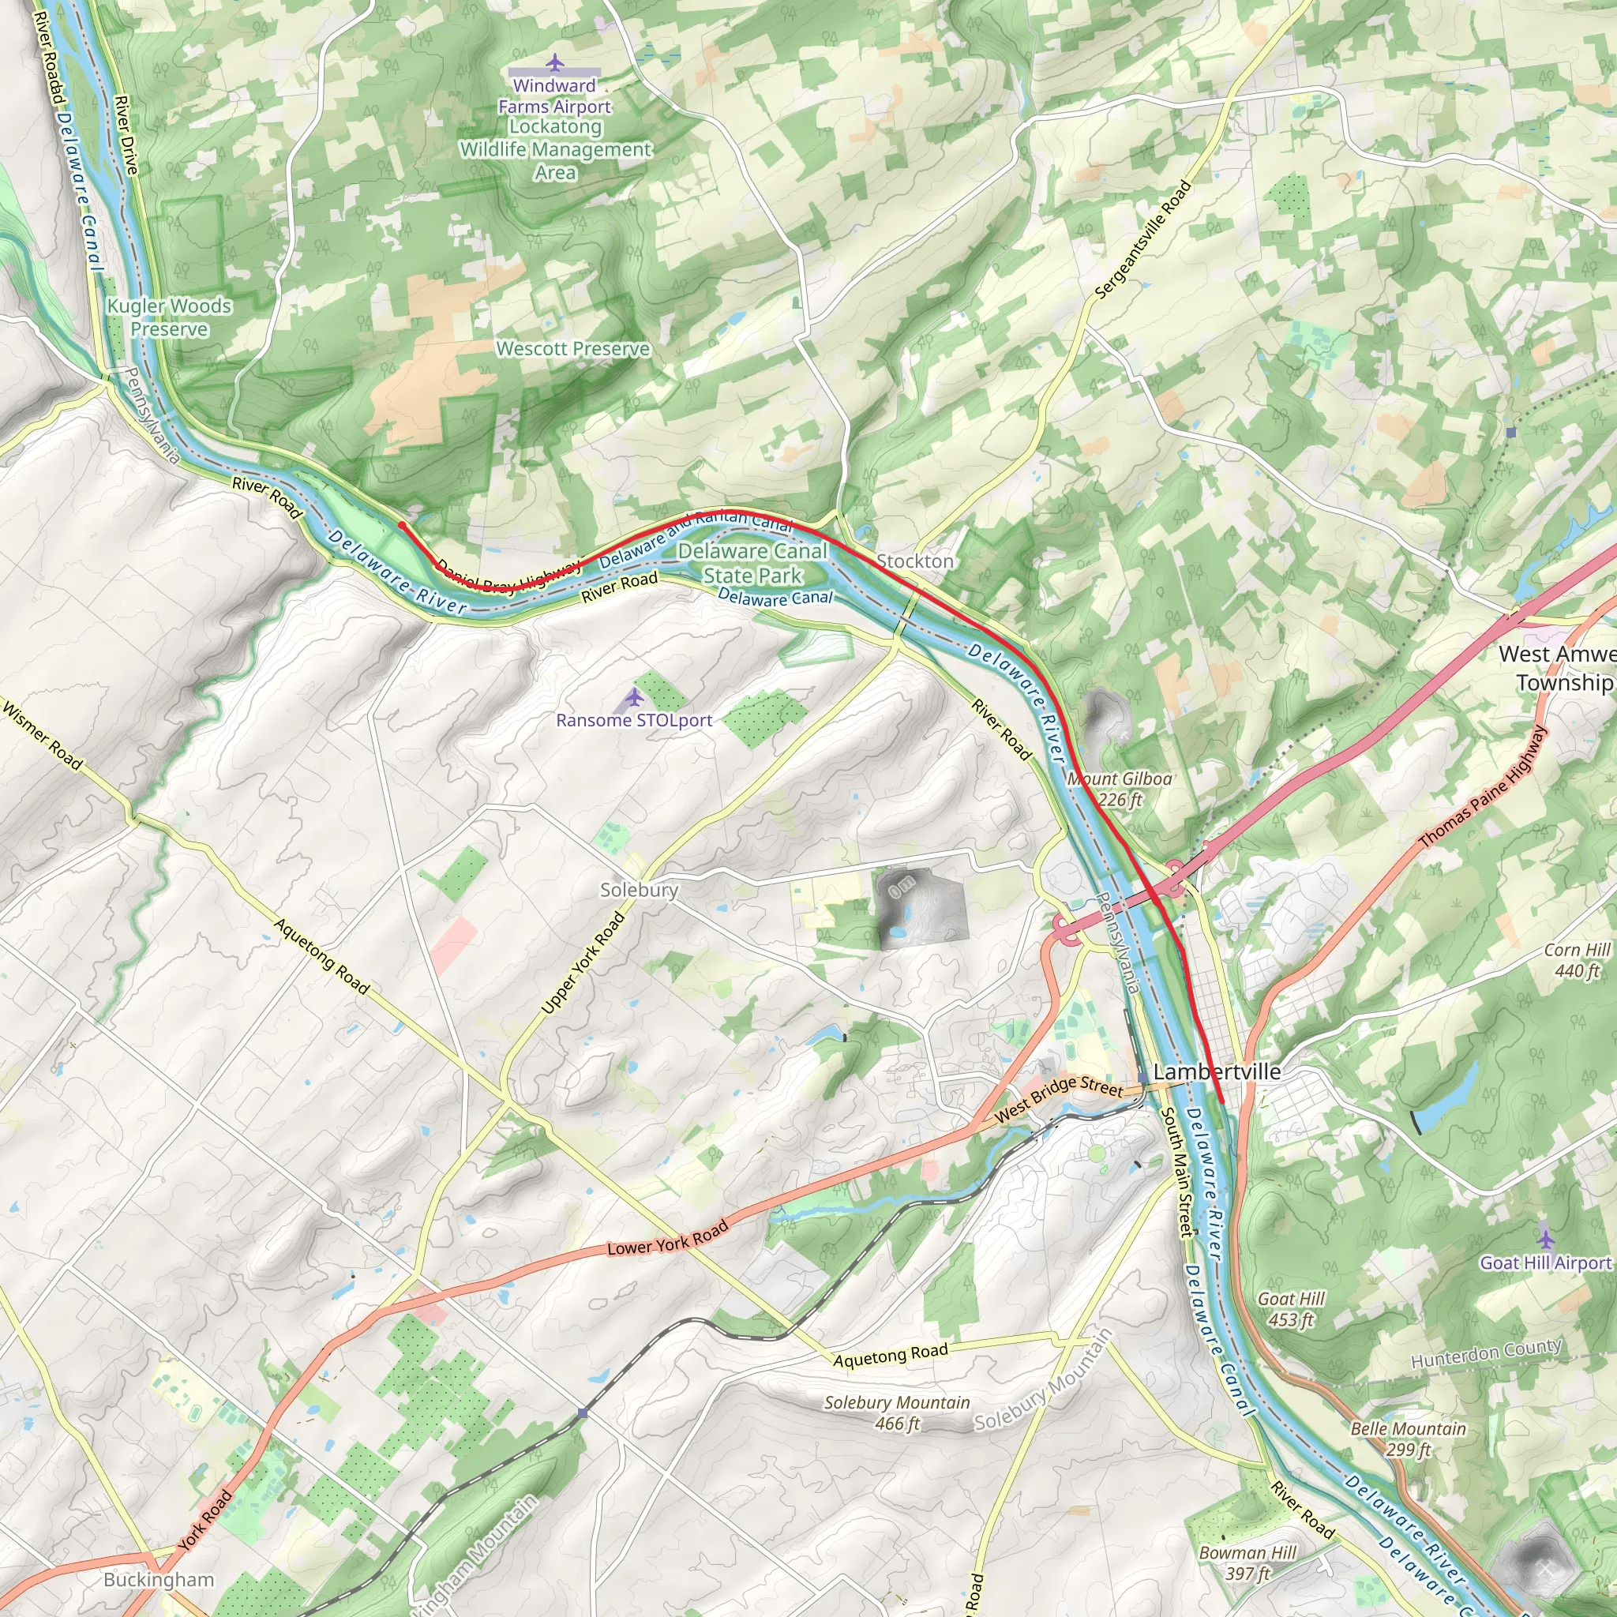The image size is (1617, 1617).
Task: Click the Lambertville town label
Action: [1216, 1071]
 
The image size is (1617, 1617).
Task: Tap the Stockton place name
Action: [914, 561]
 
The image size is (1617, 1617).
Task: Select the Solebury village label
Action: [639, 890]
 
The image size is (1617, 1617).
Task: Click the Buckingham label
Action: [159, 1579]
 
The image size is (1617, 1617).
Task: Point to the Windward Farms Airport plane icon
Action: [554, 63]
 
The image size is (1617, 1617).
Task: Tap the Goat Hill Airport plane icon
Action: [1545, 1238]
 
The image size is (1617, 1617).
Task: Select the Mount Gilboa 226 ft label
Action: [1119, 789]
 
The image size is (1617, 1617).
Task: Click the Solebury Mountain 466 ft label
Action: [896, 1413]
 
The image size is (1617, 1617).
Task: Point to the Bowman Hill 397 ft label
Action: [1247, 1563]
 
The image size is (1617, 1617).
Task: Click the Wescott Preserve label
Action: [572, 348]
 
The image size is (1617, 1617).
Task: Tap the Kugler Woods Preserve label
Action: [169, 317]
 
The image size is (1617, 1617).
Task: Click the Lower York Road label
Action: [667, 1239]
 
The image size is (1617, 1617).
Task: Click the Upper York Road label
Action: [583, 962]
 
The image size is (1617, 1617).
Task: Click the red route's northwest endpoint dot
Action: [402, 526]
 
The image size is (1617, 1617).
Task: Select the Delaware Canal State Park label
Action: [752, 562]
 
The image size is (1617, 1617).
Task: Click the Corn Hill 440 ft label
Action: [1576, 960]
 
